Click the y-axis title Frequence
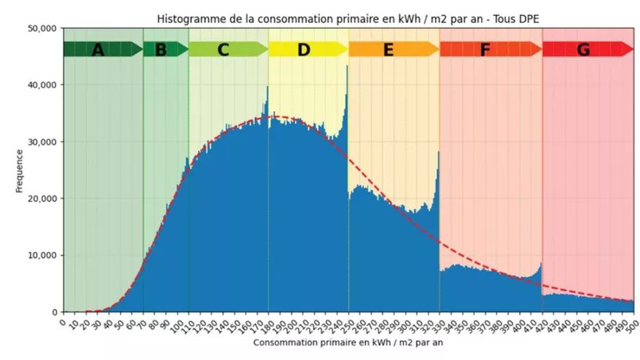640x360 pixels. pos(19,170)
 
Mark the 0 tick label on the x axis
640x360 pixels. pos(63,321)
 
